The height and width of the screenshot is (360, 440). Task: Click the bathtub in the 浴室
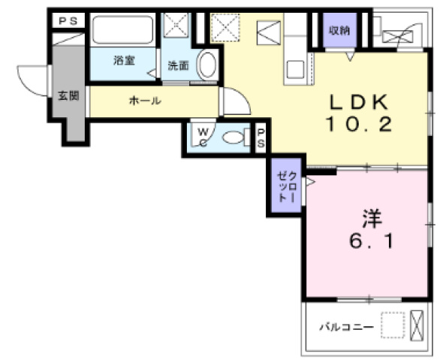pyautogui.click(x=123, y=30)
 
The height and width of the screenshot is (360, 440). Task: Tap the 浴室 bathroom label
pyautogui.click(x=125, y=60)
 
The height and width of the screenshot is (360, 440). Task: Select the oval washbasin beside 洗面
pyautogui.click(x=207, y=65)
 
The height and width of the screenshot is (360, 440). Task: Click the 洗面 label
pyautogui.click(x=179, y=65)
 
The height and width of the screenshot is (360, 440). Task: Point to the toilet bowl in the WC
pyautogui.click(x=233, y=138)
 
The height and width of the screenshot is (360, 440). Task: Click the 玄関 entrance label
pyautogui.click(x=68, y=96)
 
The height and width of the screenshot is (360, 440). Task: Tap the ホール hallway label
pyautogui.click(x=145, y=101)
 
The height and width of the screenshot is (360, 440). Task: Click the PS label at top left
pyautogui.click(x=68, y=21)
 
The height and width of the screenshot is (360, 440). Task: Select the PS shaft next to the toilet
pyautogui.click(x=261, y=138)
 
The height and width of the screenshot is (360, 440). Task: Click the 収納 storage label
pyautogui.click(x=339, y=30)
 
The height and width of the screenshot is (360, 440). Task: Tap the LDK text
pyautogui.click(x=359, y=102)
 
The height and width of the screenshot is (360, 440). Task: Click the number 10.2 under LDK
pyautogui.click(x=359, y=124)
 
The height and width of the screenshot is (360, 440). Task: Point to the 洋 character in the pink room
pyautogui.click(x=372, y=218)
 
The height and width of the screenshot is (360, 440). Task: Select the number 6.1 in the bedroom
pyautogui.click(x=371, y=241)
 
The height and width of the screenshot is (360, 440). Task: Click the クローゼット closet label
pyautogui.click(x=287, y=186)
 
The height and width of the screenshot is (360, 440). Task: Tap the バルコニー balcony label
pyautogui.click(x=347, y=327)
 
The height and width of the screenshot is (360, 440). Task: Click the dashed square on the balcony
pyautogui.click(x=393, y=325)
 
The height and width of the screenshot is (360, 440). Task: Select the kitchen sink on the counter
pyautogui.click(x=295, y=69)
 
